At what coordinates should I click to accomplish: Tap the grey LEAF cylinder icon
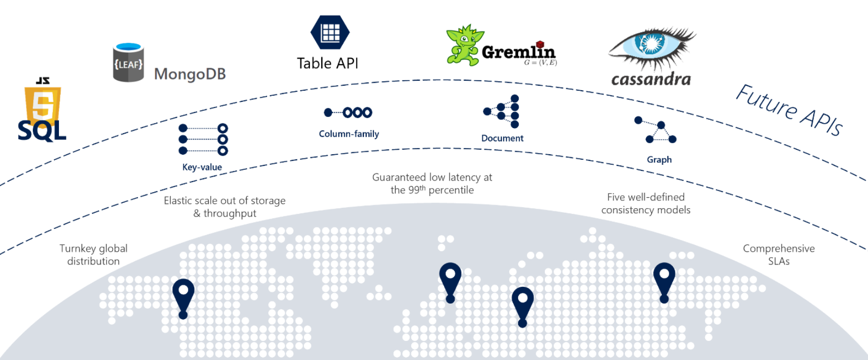pyautogui.click(x=129, y=63)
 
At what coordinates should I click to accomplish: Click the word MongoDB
pyautogui.click(x=190, y=74)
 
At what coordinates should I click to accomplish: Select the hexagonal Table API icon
pyautogui.click(x=330, y=32)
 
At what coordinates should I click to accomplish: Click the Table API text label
pyautogui.click(x=328, y=63)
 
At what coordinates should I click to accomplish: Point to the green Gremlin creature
pyautogui.click(x=464, y=45)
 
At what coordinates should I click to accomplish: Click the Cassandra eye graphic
pyautogui.click(x=652, y=47)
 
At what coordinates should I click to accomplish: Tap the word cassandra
pyautogui.click(x=651, y=79)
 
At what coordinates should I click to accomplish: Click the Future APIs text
pyautogui.click(x=789, y=110)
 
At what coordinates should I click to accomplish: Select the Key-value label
pyautogui.click(x=202, y=167)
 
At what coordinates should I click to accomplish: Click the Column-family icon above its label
pyautogui.click(x=348, y=112)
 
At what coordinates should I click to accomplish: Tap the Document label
pyautogui.click(x=502, y=138)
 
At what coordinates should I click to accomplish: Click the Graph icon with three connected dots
pyautogui.click(x=655, y=130)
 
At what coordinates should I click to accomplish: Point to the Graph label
pyautogui.click(x=659, y=159)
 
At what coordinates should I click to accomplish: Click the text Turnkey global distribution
pyautogui.click(x=94, y=255)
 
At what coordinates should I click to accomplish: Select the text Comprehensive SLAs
pyautogui.click(x=779, y=255)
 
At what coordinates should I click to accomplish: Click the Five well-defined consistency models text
pyautogui.click(x=646, y=203)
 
